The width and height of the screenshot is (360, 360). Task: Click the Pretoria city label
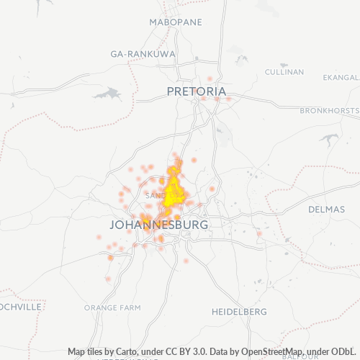coord(196,91)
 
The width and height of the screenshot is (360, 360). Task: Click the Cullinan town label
coord(284,71)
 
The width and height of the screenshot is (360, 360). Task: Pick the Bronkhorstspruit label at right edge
coord(330,110)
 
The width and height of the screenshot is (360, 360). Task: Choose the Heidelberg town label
coord(239,312)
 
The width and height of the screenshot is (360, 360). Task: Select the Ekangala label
coord(341,77)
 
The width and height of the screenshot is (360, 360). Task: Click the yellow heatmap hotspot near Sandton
coord(174,194)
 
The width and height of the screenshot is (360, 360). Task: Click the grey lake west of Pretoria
coord(107,94)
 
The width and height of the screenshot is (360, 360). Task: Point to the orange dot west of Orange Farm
coord(108,279)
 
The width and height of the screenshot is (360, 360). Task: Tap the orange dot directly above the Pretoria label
coord(210,78)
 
